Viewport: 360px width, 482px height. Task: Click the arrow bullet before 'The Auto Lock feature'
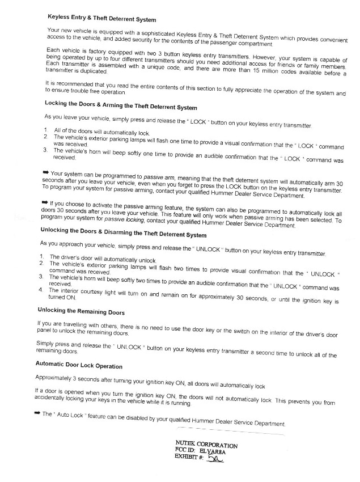pyautogui.click(x=37, y=415)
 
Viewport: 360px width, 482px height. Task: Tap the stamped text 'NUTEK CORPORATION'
pyautogui.click(x=207, y=445)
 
